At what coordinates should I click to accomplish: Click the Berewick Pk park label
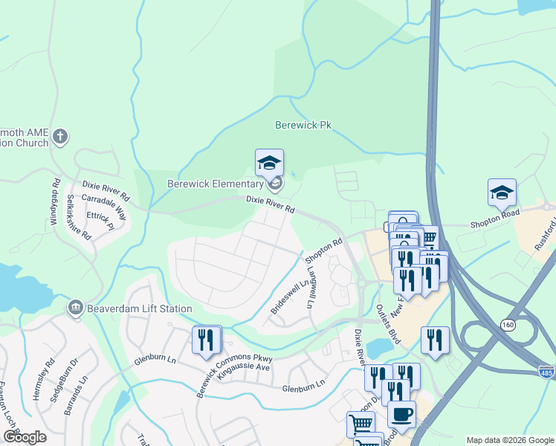click(x=303, y=126)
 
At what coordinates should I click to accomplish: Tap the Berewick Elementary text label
click(x=215, y=184)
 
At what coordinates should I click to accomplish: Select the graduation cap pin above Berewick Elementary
click(x=270, y=163)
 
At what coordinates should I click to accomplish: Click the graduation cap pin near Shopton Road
click(x=502, y=193)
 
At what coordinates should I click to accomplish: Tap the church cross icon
click(x=60, y=136)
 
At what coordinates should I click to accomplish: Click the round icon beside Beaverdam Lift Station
click(x=75, y=308)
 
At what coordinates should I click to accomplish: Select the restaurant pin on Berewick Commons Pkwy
click(x=207, y=340)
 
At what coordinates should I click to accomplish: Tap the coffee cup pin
click(x=402, y=415)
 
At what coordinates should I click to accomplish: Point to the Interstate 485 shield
click(x=546, y=369)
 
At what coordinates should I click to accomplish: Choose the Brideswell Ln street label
click(x=290, y=297)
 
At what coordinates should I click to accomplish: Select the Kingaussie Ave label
click(x=242, y=367)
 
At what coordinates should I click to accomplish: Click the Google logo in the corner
click(x=25, y=437)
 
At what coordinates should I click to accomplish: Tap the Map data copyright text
click(x=509, y=440)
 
